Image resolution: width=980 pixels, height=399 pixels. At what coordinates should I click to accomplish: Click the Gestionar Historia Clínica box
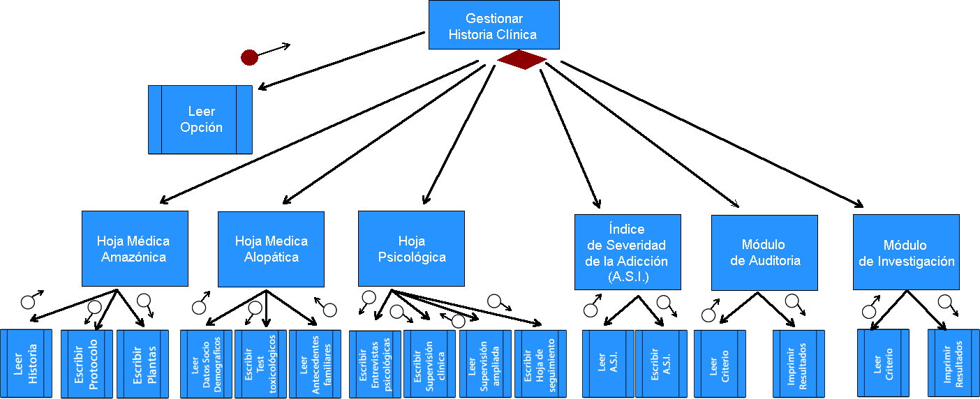[493, 25]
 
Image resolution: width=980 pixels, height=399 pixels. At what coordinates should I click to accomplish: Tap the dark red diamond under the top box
[521, 60]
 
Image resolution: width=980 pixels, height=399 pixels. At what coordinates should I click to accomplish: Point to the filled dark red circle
[249, 57]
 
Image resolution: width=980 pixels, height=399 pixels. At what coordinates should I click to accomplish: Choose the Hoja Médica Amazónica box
[134, 248]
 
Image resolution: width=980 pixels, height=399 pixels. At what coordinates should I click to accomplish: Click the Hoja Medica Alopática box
[271, 248]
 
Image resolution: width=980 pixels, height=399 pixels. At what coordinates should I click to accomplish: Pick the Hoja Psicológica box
[411, 248]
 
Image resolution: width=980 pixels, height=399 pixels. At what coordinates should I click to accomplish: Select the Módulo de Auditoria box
[764, 252]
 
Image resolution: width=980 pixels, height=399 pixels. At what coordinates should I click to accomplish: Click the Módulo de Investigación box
[906, 252]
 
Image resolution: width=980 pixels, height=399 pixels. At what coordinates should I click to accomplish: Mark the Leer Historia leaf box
[25, 363]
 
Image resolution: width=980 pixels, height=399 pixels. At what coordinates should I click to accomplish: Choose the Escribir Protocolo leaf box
[87, 363]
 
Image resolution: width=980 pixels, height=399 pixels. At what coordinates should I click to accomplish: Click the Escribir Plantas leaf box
[142, 363]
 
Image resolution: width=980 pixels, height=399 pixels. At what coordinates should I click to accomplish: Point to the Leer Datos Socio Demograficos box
[205, 363]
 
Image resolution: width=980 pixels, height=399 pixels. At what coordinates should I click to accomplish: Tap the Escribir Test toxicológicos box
[260, 363]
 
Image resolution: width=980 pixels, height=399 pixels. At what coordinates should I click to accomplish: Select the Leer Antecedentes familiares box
[315, 363]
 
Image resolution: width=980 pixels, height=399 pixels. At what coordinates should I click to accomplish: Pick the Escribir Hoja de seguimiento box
[540, 363]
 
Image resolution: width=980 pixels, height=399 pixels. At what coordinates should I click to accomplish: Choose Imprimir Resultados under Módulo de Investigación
[953, 363]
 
